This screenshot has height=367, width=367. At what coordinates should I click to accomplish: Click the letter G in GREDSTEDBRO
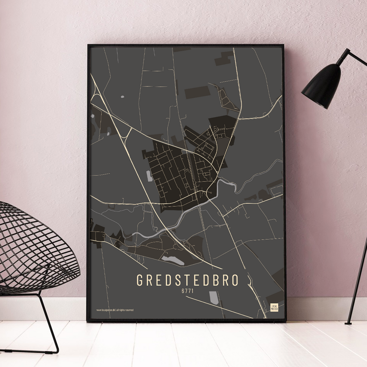(140, 280)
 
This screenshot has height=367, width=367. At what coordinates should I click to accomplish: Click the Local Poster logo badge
(274, 308)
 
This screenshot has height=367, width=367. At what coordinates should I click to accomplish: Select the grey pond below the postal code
(214, 297)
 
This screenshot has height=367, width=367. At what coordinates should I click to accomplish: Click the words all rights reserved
(125, 310)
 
